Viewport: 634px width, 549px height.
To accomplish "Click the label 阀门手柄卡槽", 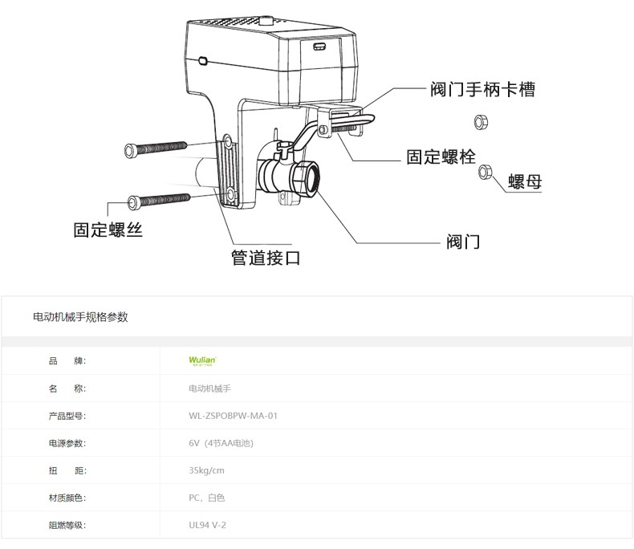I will pos(482,90).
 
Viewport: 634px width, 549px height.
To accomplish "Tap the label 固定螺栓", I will pos(441,157).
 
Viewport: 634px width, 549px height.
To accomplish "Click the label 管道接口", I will pos(266,258).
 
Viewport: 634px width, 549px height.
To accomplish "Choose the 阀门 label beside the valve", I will pos(463,241).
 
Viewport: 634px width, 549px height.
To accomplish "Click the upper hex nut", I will pos(481,122).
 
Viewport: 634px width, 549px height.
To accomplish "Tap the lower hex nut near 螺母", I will pos(485,173).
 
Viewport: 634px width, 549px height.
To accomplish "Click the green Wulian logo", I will pos(197,361).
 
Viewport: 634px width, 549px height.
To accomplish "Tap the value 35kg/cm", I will pos(206,470).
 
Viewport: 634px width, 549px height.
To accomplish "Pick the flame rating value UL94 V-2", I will pos(207,526).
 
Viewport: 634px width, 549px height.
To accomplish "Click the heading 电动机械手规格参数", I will pos(80,317).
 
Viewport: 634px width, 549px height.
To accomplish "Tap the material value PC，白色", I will pos(206,498).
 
